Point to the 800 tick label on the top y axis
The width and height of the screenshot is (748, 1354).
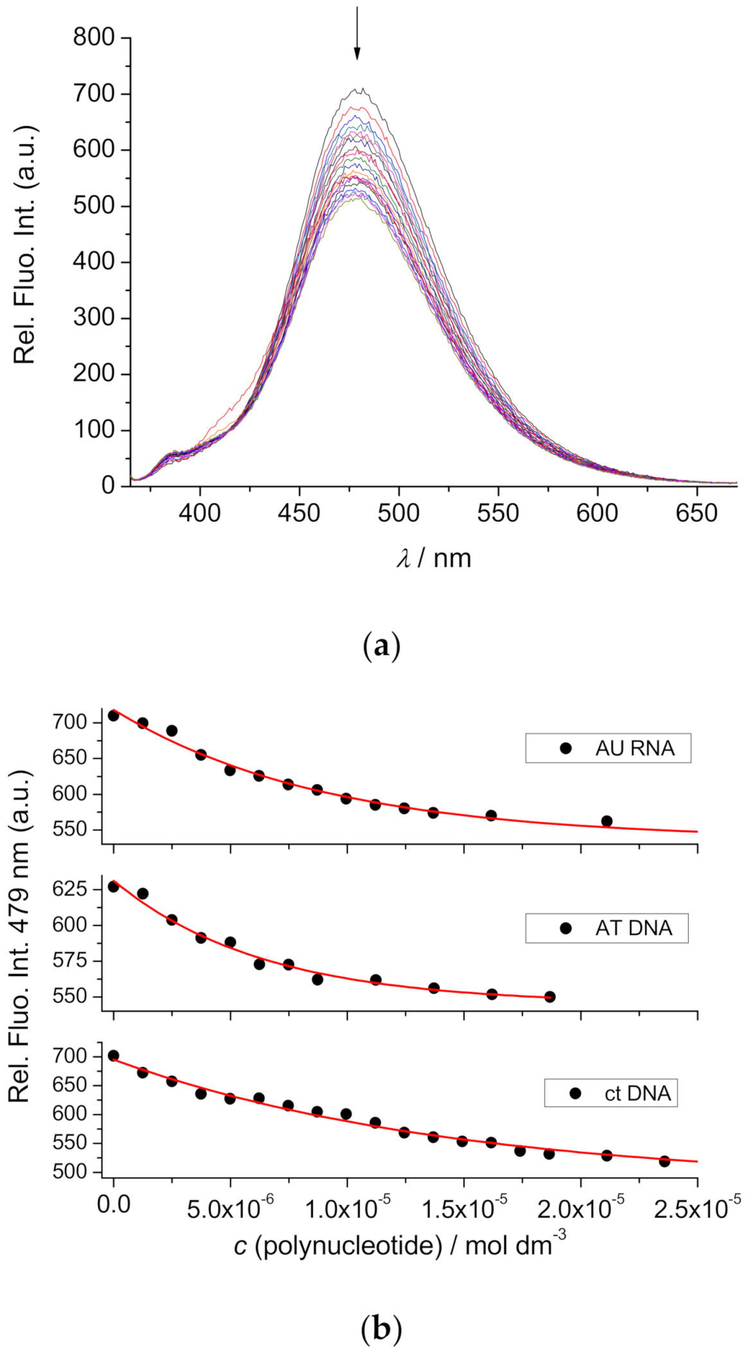pos(94,38)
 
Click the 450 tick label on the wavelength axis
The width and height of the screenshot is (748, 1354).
pos(299,513)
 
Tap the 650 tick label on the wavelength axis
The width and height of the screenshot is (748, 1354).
pos(697,513)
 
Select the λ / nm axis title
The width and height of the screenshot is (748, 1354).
pos(434,558)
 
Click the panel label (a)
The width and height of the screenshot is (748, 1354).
pos(381,646)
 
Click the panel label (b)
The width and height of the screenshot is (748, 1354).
pos(381,1328)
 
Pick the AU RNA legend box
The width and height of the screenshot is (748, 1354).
pos(608,748)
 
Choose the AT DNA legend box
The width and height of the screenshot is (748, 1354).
pos(607,928)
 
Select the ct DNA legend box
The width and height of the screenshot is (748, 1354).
pos(611,1093)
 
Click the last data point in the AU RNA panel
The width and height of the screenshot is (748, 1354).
pos(607,821)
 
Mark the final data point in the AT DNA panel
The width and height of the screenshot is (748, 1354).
pos(550,997)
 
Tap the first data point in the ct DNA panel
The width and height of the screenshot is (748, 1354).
pos(114,1055)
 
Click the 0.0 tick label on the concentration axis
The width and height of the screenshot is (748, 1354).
pos(114,1204)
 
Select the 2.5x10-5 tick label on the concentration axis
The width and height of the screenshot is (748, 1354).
pos(697,1207)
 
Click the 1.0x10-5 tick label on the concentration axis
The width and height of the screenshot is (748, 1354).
pos(347,1207)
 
